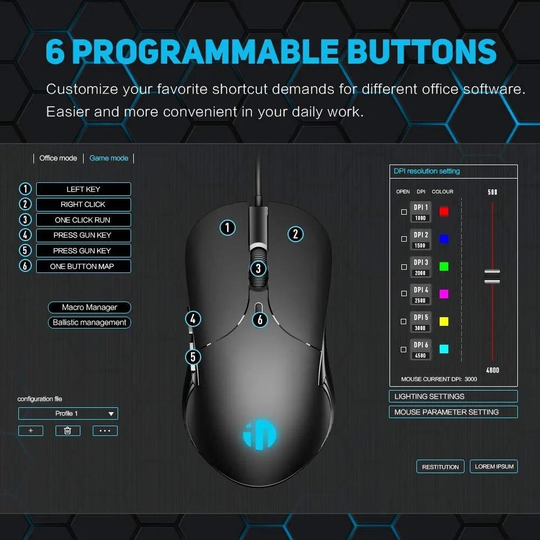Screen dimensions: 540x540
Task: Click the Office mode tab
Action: click(x=58, y=158)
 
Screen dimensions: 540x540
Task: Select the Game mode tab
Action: click(x=109, y=158)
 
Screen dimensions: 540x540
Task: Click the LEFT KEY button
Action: click(x=83, y=189)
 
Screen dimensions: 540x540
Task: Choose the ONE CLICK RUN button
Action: click(x=83, y=220)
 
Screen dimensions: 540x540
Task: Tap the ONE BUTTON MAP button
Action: click(x=83, y=266)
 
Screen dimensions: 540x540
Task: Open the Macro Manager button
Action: click(x=90, y=307)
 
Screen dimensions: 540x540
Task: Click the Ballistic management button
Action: click(x=90, y=323)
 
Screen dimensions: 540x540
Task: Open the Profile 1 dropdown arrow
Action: click(x=111, y=414)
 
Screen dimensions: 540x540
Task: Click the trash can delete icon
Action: click(x=68, y=430)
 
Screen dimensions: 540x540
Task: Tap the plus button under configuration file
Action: click(x=31, y=430)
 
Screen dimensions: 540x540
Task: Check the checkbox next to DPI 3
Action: click(x=404, y=267)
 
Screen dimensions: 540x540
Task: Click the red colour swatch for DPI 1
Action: click(x=444, y=211)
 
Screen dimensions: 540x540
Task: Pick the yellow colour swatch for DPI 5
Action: click(x=444, y=322)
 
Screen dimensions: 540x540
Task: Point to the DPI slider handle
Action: click(x=492, y=276)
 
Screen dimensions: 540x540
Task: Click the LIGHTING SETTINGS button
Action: click(x=453, y=397)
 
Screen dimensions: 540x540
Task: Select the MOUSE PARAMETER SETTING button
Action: click(x=453, y=412)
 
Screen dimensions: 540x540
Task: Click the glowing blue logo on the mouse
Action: click(x=259, y=435)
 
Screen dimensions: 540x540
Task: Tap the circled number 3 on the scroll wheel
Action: click(x=258, y=269)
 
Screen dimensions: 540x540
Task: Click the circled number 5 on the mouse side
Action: click(x=193, y=357)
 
